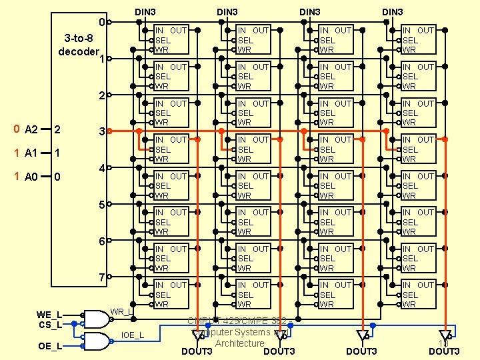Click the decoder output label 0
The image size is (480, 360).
pyautogui.click(x=101, y=23)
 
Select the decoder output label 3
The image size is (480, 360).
pyautogui.click(x=101, y=132)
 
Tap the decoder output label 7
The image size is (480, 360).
pyautogui.click(x=101, y=277)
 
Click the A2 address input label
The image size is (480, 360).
pyautogui.click(x=31, y=129)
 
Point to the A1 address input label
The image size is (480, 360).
pyautogui.click(x=31, y=153)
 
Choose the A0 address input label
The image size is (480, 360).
pyautogui.click(x=31, y=177)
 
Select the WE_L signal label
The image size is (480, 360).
pyautogui.click(x=49, y=315)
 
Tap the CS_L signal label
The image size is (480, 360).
pyautogui.click(x=49, y=325)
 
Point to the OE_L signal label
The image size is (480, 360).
pyautogui.click(x=49, y=346)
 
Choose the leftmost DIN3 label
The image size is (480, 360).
pyautogui.click(x=145, y=11)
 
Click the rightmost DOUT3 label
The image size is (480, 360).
pyautogui.click(x=444, y=351)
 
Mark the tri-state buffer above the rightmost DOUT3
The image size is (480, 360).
pyautogui.click(x=445, y=335)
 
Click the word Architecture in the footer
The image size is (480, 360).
pyautogui.click(x=239, y=343)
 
